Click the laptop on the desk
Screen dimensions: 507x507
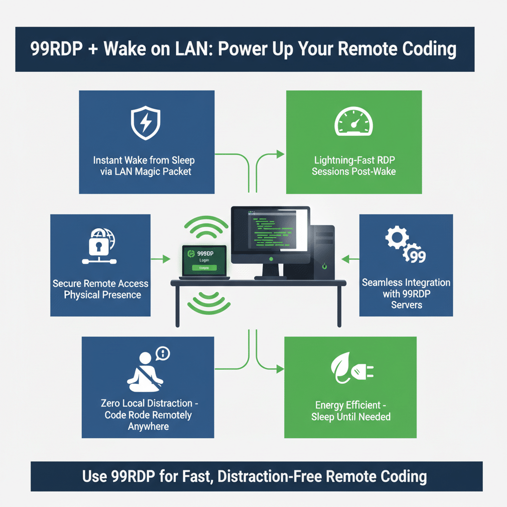pos(204,261)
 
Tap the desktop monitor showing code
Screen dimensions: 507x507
pos(270,236)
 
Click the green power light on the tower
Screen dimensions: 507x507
pos(323,266)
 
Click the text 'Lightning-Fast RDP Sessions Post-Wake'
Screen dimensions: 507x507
pos(354,166)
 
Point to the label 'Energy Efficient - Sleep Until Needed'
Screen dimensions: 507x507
pos(351,411)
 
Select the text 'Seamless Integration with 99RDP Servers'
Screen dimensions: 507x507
pos(406,293)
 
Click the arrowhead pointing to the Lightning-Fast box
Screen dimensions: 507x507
pos(281,155)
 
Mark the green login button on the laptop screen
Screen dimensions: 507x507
pos(204,268)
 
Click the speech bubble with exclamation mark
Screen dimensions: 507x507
pos(162,353)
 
